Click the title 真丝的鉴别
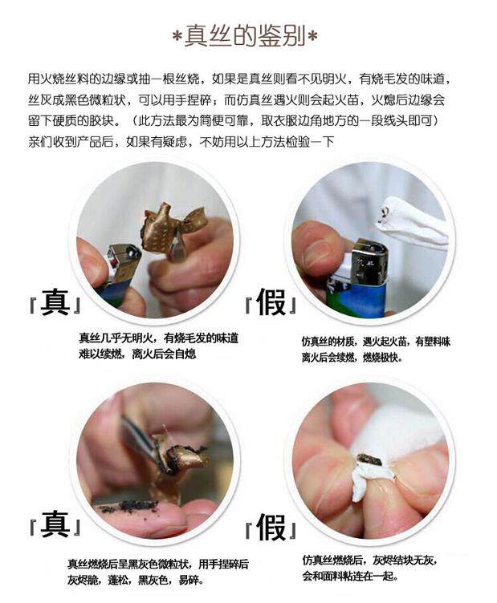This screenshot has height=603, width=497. point(245,36)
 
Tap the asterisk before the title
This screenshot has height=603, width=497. point(177,37)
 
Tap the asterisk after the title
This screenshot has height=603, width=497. point(313,36)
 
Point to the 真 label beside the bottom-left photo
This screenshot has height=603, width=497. point(55,524)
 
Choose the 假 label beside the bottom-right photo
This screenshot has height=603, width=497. point(271,528)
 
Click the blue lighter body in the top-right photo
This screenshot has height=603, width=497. point(356,296)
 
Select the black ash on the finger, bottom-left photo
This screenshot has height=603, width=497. point(129,507)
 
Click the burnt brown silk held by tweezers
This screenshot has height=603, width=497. point(181,454)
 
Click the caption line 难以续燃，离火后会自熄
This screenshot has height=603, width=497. point(137,354)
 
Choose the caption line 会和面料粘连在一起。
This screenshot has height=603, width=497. point(349,577)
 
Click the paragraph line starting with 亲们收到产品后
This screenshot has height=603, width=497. point(181,142)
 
